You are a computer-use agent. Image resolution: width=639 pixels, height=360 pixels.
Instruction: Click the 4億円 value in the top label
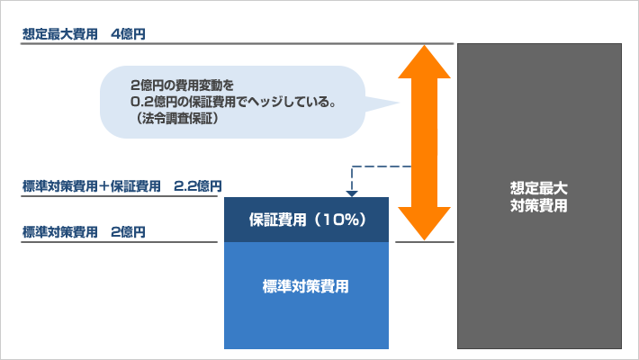pos(128,34)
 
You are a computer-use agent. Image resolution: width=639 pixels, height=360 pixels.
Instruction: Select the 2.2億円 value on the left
pos(198,186)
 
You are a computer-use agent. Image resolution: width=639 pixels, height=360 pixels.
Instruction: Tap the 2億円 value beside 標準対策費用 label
pos(128,232)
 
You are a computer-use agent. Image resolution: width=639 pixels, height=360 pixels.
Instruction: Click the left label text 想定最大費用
pos(60,34)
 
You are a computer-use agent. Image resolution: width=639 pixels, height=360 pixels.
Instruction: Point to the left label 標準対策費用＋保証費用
pos(91,186)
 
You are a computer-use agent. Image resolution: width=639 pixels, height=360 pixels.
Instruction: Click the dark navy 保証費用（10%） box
pos(307,220)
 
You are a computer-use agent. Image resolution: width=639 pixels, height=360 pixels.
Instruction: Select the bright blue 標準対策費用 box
pos(307,295)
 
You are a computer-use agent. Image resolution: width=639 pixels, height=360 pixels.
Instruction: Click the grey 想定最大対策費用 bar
pos(539,196)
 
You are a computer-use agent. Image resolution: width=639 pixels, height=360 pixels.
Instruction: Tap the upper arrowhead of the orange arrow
pos(424,61)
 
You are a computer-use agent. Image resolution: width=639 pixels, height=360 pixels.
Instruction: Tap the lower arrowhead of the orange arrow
pos(424,223)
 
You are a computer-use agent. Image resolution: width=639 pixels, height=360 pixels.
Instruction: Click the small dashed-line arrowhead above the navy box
pos(352,193)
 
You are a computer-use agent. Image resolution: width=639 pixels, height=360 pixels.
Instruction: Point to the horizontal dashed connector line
pos(382,166)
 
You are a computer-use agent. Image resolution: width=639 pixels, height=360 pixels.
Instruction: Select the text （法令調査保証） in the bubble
pos(175,118)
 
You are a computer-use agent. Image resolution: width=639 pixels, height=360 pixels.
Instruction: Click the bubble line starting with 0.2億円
pos(233,102)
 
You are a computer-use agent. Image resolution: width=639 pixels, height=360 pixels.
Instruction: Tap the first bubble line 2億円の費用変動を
pos(182,85)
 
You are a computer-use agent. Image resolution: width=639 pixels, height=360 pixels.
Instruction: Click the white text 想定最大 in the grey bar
pos(539,188)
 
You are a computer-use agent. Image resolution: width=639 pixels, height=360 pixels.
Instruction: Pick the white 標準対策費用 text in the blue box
pos(306,286)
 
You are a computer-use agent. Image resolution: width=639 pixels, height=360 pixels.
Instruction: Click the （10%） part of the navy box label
pos(340,220)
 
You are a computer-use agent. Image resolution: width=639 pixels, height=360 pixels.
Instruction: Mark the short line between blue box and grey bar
pos(425,242)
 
